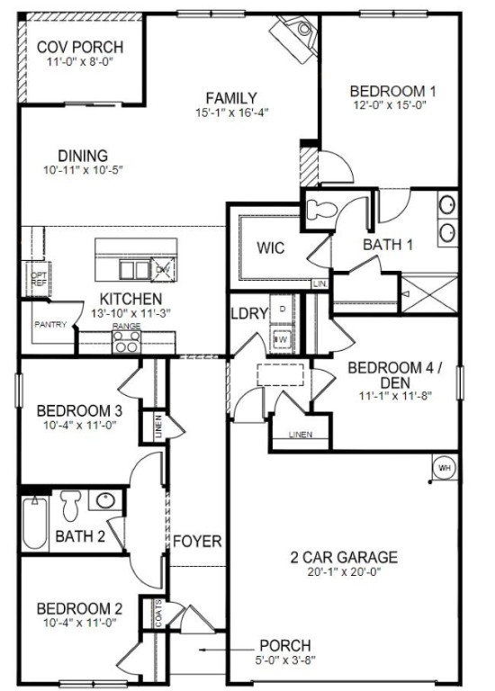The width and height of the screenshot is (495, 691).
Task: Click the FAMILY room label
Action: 231,98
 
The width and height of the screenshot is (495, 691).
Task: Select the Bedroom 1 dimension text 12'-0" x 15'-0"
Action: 392,104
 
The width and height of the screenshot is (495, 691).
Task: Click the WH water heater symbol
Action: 444,468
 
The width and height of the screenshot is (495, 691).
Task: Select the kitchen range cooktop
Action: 127,341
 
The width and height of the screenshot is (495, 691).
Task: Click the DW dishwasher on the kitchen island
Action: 162,269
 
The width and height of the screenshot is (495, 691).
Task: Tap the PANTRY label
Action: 50,325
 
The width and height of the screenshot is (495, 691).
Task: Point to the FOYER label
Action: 197,542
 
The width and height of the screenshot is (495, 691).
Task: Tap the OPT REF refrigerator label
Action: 38,280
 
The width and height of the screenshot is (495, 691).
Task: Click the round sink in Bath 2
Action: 105,499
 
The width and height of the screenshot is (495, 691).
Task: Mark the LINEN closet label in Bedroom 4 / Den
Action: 300,435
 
